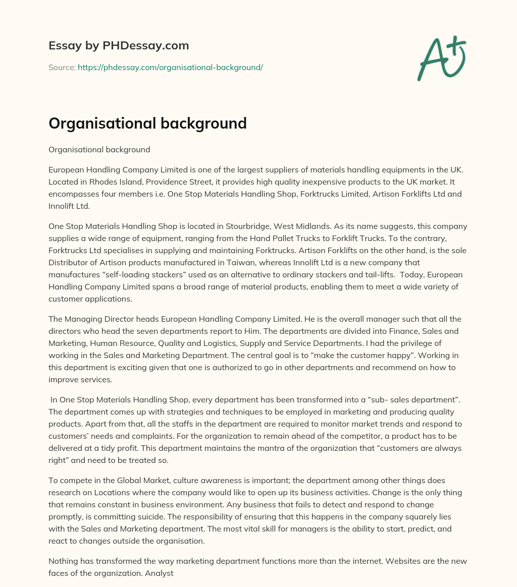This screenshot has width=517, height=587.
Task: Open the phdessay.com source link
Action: [170, 67]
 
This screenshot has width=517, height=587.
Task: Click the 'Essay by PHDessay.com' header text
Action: [119, 46]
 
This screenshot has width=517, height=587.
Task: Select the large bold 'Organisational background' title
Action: [147, 123]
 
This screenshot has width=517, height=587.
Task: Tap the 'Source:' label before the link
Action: [62, 67]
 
